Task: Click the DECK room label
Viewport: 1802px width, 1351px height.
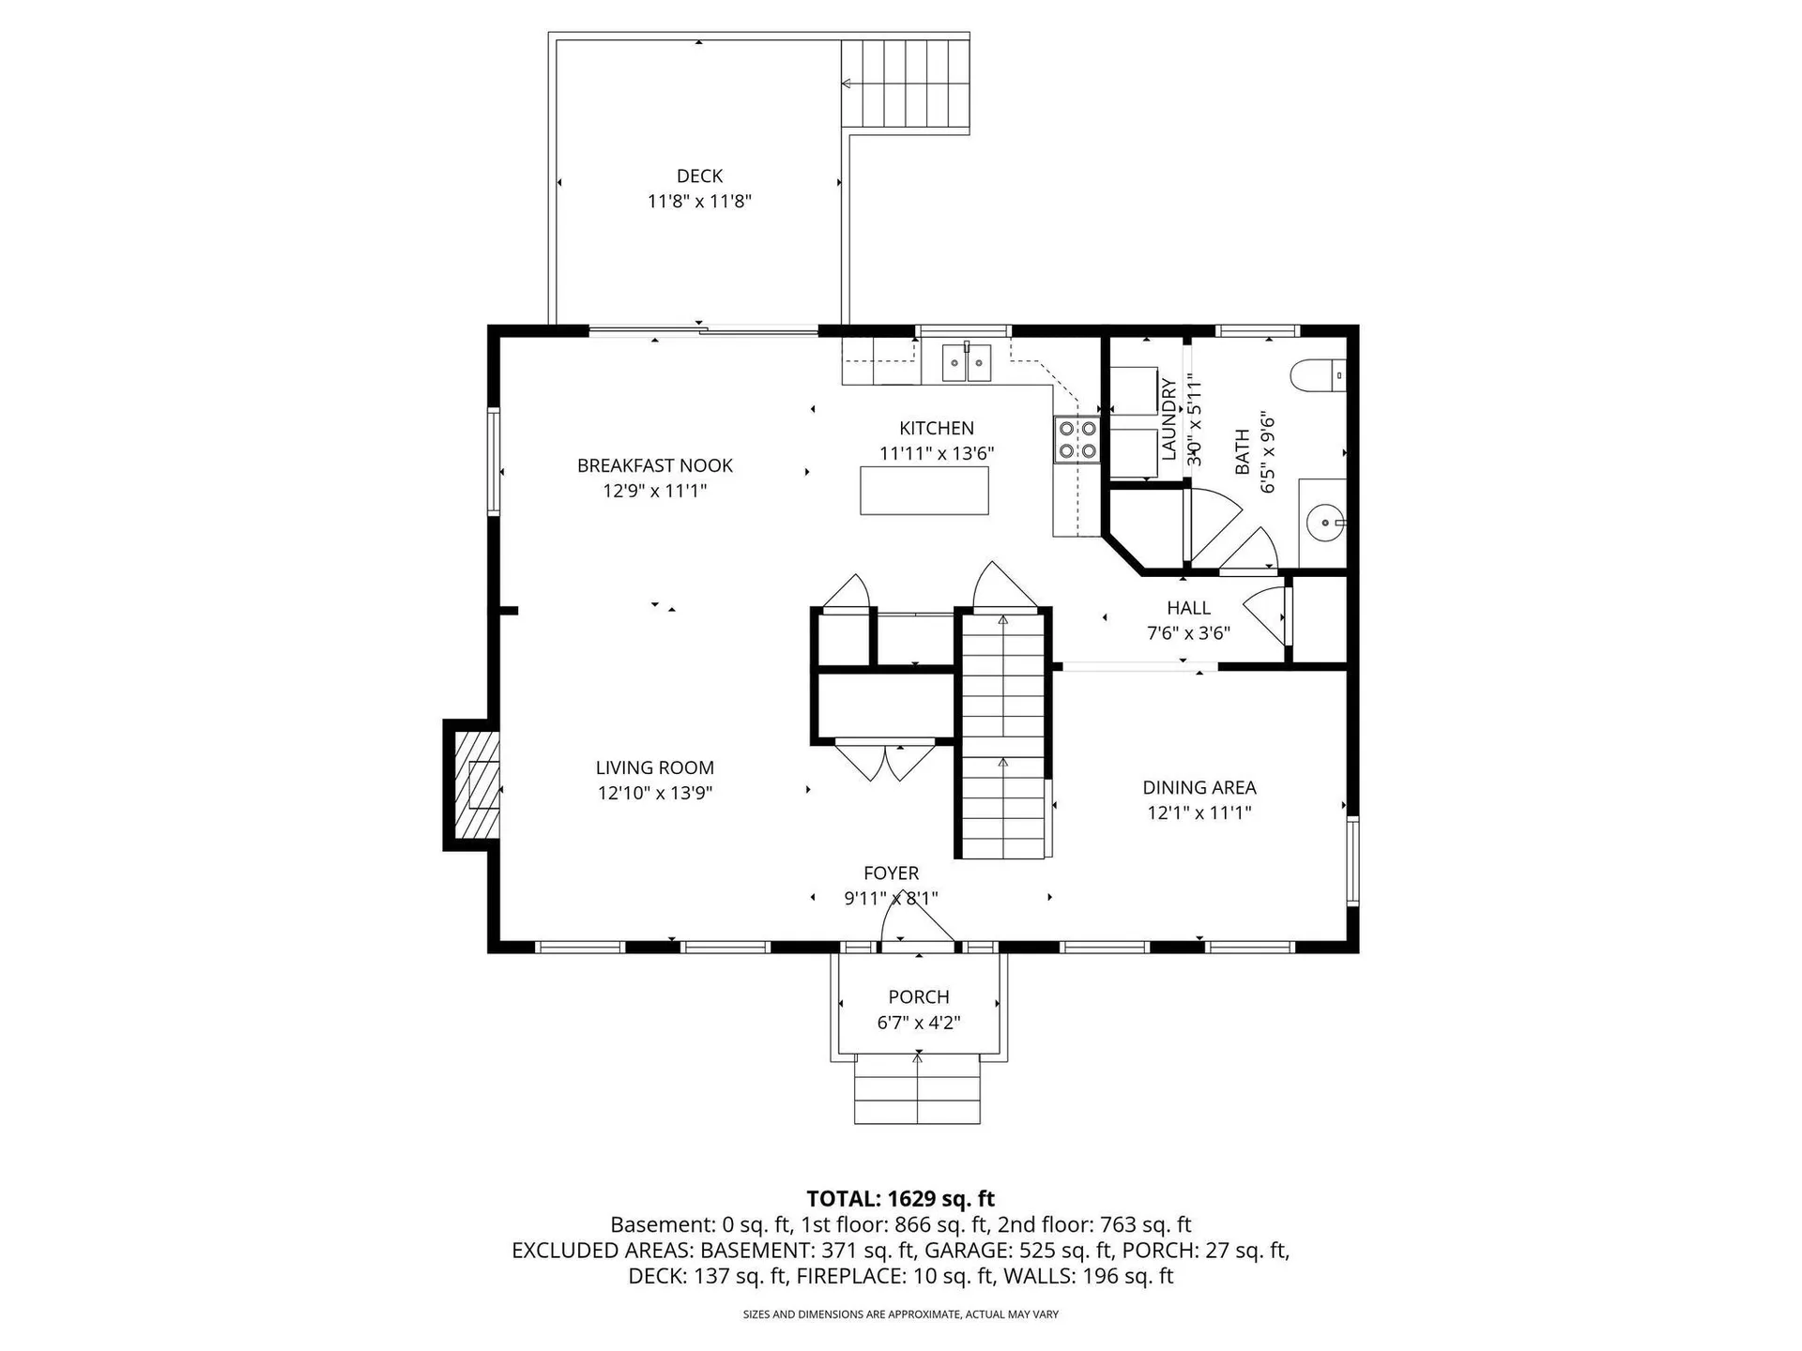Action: pyautogui.click(x=699, y=176)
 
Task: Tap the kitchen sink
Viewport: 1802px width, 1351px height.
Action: pyautogui.click(x=966, y=362)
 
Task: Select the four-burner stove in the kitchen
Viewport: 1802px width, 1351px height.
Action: pyautogui.click(x=1077, y=440)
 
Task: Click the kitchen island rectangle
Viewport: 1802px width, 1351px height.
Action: pyautogui.click(x=924, y=491)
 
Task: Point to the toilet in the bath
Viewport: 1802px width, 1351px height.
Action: pyautogui.click(x=1319, y=375)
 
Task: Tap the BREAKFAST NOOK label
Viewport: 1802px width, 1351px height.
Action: pyautogui.click(x=655, y=465)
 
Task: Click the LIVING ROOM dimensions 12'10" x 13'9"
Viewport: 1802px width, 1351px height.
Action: pyautogui.click(x=655, y=793)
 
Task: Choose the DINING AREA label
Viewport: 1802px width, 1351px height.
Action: pyautogui.click(x=1199, y=788)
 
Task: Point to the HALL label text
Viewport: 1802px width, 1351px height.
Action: pyautogui.click(x=1188, y=608)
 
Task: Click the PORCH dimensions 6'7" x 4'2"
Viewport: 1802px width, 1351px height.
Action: pyautogui.click(x=919, y=1023)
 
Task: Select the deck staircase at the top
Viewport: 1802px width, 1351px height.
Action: pyautogui.click(x=905, y=83)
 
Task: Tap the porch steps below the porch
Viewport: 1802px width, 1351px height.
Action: pyautogui.click(x=917, y=1088)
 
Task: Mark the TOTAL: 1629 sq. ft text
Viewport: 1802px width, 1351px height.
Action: pyautogui.click(x=901, y=1199)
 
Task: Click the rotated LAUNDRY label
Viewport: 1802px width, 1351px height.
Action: pyautogui.click(x=1168, y=419)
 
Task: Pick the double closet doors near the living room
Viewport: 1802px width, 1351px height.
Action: pyautogui.click(x=885, y=761)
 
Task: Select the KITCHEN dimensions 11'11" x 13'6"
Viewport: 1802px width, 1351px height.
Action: pyautogui.click(x=937, y=454)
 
